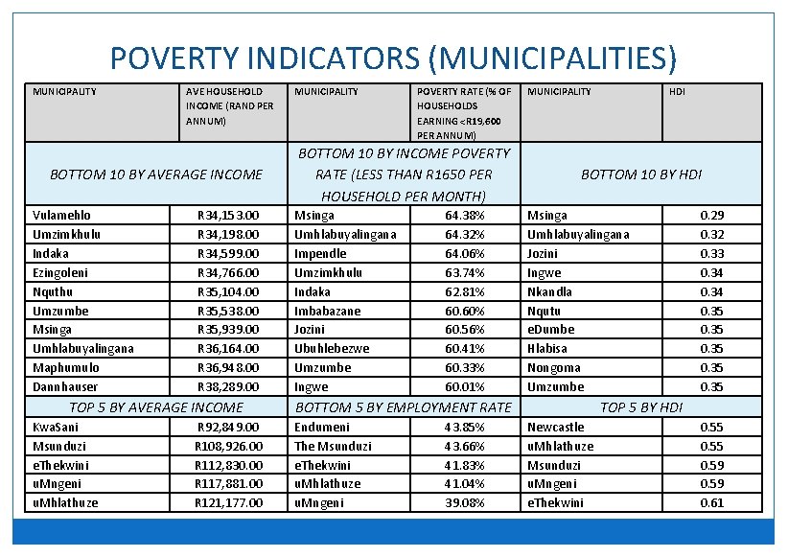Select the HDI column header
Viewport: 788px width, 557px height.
click(x=677, y=92)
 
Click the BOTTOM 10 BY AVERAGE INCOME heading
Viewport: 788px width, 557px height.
click(x=155, y=174)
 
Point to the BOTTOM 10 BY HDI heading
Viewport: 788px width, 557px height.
click(x=641, y=174)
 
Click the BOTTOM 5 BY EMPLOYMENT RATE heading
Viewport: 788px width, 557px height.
click(x=404, y=407)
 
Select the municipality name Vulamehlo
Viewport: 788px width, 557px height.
click(x=62, y=216)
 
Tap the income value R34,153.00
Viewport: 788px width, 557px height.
click(x=228, y=216)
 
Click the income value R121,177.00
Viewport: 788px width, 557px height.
click(x=228, y=502)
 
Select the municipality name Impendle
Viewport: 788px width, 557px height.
click(x=321, y=254)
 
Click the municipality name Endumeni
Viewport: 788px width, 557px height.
click(x=322, y=427)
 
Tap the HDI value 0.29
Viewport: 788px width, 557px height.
click(x=711, y=216)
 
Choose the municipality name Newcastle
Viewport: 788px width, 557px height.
click(x=556, y=427)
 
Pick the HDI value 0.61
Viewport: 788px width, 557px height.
click(x=711, y=502)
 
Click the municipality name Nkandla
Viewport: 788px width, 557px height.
click(x=550, y=291)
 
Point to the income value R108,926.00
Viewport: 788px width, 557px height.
click(x=228, y=446)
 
